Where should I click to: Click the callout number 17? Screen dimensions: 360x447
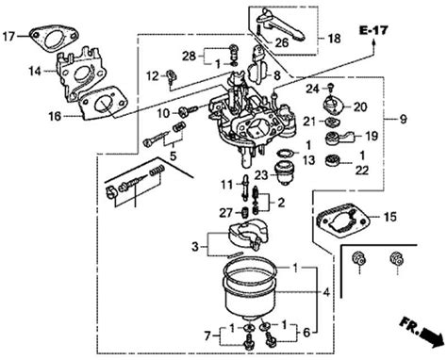pyautogui.click(x=10, y=38)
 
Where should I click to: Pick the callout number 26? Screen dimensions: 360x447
pyautogui.click(x=281, y=41)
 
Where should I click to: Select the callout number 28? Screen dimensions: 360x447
pyautogui.click(x=189, y=57)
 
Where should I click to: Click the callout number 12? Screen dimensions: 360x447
pyautogui.click(x=153, y=74)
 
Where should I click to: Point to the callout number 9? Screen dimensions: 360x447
pyautogui.click(x=403, y=119)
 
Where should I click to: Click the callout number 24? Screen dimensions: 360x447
pyautogui.click(x=312, y=89)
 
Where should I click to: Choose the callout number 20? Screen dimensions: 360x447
pyautogui.click(x=360, y=106)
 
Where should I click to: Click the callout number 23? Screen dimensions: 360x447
pyautogui.click(x=259, y=173)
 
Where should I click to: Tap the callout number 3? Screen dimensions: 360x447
pyautogui.click(x=194, y=247)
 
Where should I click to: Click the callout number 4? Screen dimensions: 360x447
pyautogui.click(x=324, y=292)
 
